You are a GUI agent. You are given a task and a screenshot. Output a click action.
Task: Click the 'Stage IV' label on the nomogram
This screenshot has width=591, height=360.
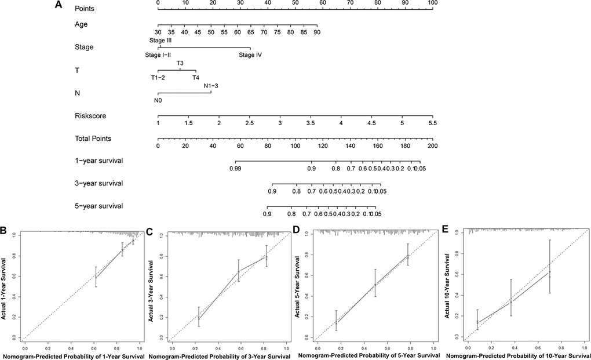[x=250, y=55]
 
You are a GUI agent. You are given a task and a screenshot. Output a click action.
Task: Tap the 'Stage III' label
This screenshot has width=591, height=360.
[x=160, y=39]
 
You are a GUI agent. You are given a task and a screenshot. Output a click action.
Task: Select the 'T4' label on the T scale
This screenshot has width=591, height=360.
[x=196, y=78]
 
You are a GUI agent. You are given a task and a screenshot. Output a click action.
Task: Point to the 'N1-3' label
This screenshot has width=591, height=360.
[x=211, y=86]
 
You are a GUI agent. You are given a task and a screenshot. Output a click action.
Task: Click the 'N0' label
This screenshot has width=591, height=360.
[x=158, y=100]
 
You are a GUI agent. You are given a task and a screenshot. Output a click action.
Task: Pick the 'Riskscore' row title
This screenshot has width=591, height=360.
[x=90, y=115]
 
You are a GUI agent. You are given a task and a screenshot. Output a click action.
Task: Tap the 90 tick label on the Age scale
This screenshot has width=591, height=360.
[x=316, y=32]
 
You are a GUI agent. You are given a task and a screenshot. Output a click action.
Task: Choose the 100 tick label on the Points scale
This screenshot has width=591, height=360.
[x=432, y=3]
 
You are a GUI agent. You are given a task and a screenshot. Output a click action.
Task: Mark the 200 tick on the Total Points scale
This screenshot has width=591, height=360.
[x=432, y=147]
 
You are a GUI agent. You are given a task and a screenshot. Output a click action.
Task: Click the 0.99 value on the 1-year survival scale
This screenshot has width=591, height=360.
[x=235, y=169]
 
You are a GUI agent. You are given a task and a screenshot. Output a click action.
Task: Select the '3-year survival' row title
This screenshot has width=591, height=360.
[x=99, y=183]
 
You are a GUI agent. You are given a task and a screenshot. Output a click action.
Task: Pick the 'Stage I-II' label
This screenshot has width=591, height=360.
[x=158, y=55]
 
